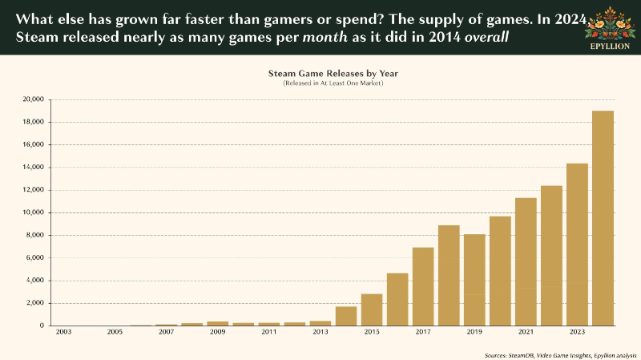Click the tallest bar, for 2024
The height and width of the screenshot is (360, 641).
603,218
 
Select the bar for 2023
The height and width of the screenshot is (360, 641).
577,245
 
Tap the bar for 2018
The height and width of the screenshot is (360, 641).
449,275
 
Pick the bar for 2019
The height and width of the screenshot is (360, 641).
474,280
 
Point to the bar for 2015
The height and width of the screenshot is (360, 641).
372,309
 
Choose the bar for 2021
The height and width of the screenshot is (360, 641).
526,262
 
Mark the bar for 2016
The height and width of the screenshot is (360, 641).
397,299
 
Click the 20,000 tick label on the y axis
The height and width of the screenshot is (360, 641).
33,99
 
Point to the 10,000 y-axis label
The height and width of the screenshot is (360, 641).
33,212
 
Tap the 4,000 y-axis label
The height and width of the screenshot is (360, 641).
34,281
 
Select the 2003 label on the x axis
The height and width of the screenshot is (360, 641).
63,332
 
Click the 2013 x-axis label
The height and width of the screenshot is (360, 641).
320,332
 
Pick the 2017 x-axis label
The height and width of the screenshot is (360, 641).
423,332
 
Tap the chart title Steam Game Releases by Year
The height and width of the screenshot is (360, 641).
333,74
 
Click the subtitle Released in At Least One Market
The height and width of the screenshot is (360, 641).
333,83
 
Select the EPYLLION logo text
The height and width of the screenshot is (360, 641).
610,47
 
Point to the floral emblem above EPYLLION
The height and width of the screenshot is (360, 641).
610,24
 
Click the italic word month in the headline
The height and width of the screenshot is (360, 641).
325,37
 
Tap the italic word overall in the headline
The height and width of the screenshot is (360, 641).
486,37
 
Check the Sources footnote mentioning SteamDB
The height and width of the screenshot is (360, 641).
560,355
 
